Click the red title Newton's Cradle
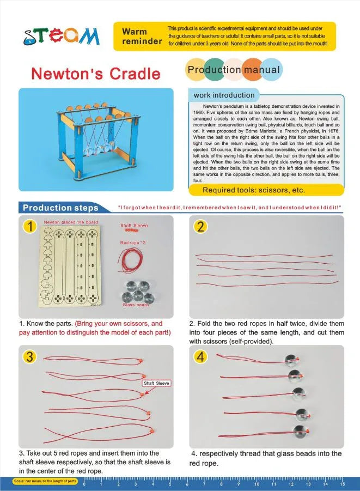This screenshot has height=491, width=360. (95, 74)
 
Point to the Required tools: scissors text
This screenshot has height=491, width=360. (254, 190)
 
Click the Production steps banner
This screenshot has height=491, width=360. (60, 208)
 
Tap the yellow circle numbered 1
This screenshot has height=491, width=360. (31, 226)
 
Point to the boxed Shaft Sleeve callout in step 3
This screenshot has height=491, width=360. (156, 383)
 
